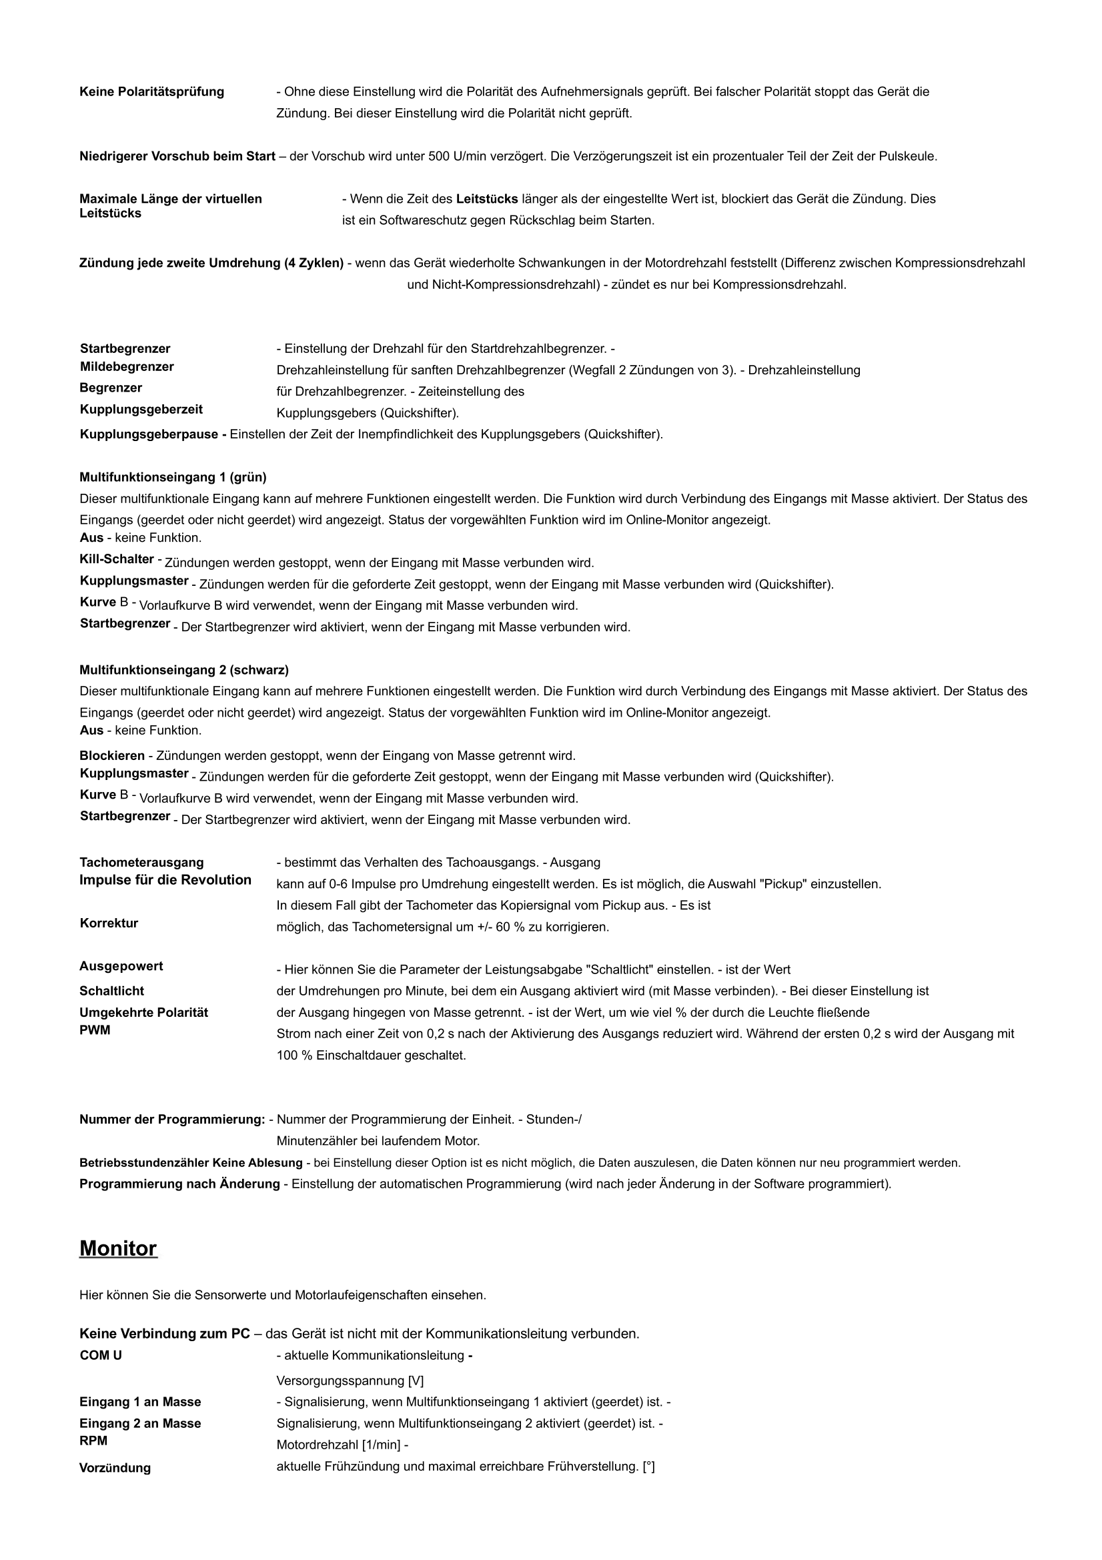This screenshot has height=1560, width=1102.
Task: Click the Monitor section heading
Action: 118,1249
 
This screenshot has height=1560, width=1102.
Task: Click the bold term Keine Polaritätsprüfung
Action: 151,91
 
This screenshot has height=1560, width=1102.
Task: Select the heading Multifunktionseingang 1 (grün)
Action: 173,477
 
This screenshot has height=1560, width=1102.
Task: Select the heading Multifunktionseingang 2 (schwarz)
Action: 183,670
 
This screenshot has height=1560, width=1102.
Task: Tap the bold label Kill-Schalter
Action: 117,559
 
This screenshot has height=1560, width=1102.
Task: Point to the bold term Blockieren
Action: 112,755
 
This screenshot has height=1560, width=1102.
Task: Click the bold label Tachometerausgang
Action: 141,862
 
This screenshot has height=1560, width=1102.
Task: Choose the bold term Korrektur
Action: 109,923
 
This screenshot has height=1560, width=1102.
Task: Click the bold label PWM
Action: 95,1030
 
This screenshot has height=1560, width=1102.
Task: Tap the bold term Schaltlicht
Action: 111,992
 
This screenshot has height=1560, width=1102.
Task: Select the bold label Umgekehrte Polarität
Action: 143,1012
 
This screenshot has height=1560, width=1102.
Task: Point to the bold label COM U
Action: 101,1355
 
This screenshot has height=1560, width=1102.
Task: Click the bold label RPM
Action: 93,1441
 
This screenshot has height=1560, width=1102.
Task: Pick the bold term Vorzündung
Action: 115,1468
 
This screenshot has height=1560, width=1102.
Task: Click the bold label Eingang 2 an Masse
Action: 140,1423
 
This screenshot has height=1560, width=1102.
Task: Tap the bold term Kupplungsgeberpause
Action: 153,434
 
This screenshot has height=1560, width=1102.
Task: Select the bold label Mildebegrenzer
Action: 126,367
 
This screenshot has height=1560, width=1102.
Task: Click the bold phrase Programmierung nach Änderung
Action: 179,1184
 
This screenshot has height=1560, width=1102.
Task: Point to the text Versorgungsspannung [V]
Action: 350,1381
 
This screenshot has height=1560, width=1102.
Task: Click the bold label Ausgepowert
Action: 121,966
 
